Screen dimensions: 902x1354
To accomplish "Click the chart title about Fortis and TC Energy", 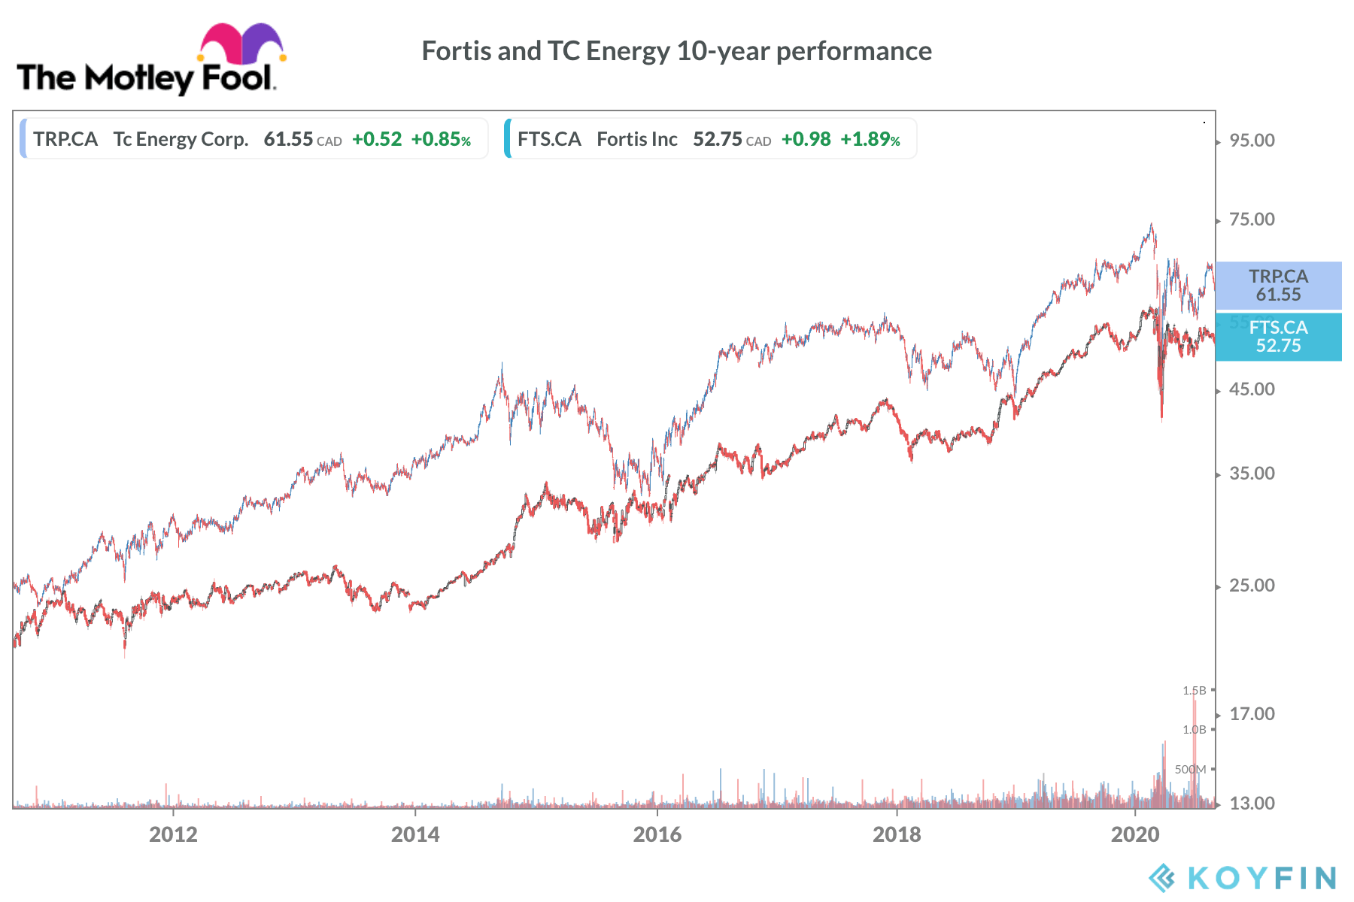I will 676,51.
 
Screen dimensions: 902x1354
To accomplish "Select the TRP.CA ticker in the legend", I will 65,139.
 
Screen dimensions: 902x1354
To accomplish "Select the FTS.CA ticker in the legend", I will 549,139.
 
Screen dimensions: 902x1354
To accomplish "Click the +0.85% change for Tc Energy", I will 441,139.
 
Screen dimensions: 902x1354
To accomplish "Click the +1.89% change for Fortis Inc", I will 870,139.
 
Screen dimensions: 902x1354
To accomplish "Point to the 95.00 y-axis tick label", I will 1252,141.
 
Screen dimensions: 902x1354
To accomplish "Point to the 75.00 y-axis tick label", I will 1252,219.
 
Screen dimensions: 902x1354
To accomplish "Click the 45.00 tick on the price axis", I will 1252,389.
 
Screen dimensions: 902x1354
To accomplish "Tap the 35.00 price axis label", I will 1252,474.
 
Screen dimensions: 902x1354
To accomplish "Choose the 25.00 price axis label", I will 1252,586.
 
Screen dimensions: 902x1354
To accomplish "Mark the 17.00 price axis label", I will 1252,714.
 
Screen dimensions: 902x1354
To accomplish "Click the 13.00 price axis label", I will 1252,804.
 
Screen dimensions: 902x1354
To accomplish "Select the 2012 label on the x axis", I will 173,834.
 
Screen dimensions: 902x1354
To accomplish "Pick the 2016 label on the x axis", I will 657,834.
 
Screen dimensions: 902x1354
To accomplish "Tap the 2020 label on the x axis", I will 1135,834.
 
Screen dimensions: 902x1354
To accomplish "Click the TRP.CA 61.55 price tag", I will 1278,286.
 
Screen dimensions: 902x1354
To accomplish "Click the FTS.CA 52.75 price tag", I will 1278,337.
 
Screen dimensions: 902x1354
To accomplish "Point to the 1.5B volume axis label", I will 1194,690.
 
